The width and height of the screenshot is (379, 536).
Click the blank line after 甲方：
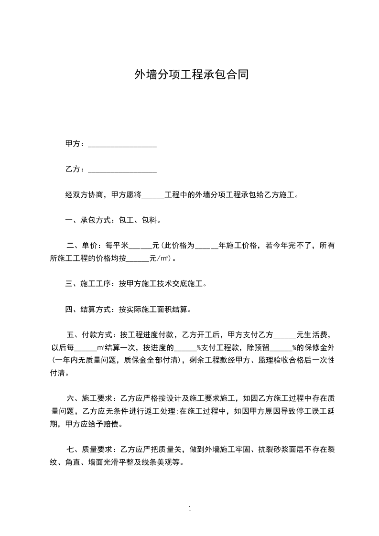[x=123, y=145]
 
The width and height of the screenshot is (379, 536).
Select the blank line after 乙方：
[x=123, y=170]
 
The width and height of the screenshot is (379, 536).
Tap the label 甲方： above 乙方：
[x=76, y=144]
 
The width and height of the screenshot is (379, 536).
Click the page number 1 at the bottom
[x=190, y=509]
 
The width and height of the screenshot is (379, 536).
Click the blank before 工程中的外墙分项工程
[x=153, y=196]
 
